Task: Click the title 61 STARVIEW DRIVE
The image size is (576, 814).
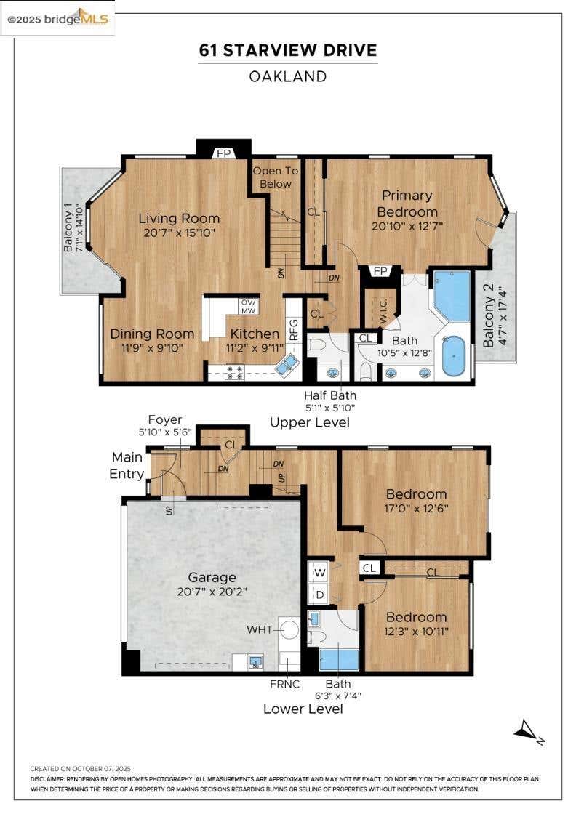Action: tap(288, 50)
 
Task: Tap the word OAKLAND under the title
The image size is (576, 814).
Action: tap(288, 76)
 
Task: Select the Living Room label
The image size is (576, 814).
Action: tap(179, 219)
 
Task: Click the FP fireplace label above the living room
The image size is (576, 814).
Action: tap(223, 153)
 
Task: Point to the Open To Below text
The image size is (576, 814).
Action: tap(276, 177)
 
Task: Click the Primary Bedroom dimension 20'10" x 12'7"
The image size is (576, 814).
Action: tap(407, 226)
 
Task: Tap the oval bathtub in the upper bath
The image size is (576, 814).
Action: tap(455, 356)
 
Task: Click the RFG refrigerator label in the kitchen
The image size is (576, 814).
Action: tap(293, 330)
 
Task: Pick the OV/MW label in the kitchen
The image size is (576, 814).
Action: tap(248, 306)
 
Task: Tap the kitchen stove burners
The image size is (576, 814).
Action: tap(234, 372)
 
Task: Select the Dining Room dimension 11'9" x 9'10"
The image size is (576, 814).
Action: tap(153, 348)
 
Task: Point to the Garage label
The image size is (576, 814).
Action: tap(212, 577)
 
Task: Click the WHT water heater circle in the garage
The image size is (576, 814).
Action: tap(289, 629)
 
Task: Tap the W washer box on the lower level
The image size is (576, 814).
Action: tap(320, 573)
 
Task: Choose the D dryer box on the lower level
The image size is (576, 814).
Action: tap(320, 595)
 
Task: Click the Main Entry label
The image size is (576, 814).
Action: tap(127, 466)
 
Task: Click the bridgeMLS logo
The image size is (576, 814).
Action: tap(57, 19)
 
